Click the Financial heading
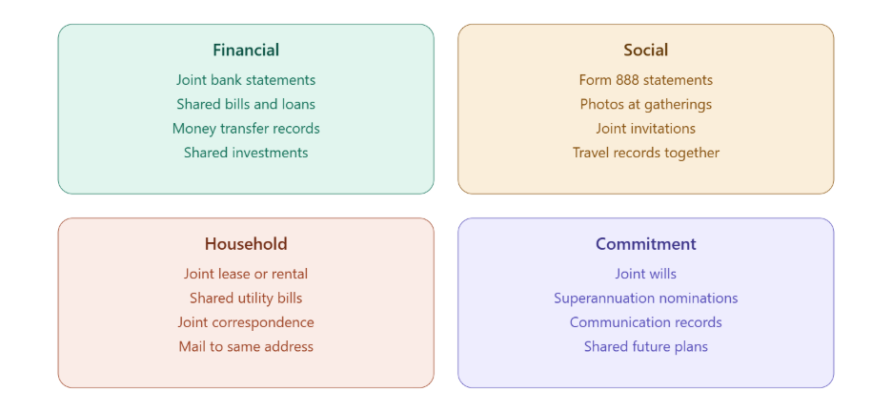point(246,51)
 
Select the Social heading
point(646,51)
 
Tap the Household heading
point(246,244)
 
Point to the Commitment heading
point(646,244)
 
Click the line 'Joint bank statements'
point(246,80)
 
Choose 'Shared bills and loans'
point(246,104)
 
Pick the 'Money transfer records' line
point(246,129)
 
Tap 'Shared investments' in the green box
point(246,153)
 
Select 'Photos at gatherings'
point(646,105)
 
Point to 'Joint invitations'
point(646,129)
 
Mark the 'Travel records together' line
point(646,154)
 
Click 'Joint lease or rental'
point(246,274)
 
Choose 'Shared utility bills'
point(246,299)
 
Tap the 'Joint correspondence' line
point(246,322)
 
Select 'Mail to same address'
point(246,346)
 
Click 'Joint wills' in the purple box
point(646,274)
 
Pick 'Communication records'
point(646,322)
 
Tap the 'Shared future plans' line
point(646,346)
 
